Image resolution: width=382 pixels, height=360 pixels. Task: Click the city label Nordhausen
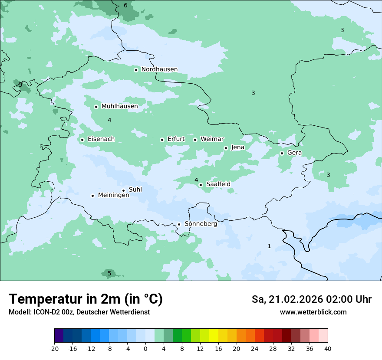(x=159, y=69)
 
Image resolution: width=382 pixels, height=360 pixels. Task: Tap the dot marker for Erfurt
(x=162, y=140)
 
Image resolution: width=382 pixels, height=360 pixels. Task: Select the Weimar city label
(x=212, y=139)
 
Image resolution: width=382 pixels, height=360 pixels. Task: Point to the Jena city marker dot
(x=226, y=148)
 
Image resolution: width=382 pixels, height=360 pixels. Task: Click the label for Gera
(x=294, y=153)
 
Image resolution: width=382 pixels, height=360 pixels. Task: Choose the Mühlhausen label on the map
(x=119, y=106)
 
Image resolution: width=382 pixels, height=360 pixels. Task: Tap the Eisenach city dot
(x=82, y=140)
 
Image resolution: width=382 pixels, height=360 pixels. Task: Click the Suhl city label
(x=135, y=190)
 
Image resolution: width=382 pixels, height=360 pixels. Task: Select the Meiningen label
(x=113, y=195)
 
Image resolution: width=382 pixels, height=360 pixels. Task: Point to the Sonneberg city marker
(x=179, y=224)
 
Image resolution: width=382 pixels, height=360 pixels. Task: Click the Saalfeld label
(x=218, y=184)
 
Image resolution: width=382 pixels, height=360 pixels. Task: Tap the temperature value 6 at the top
(x=125, y=6)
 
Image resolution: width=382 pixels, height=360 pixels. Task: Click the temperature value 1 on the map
(x=269, y=246)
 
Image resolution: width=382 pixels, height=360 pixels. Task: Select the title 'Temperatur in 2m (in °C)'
(x=86, y=299)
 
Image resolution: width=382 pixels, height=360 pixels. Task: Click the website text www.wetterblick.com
(x=313, y=312)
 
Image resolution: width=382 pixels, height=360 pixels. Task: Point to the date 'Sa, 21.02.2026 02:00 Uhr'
(x=311, y=299)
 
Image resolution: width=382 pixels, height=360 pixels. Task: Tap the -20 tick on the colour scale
(x=54, y=349)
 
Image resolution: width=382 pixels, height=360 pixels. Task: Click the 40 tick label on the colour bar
(x=328, y=349)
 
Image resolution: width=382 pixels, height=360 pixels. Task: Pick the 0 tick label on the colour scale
(x=145, y=349)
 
